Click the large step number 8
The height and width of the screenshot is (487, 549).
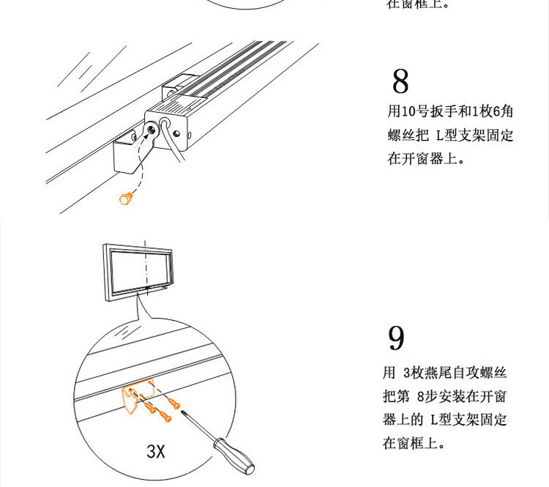[x=400, y=81]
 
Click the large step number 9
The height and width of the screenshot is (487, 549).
[x=396, y=338]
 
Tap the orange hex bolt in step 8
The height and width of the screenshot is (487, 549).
[x=126, y=198]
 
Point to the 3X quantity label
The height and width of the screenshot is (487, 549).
[x=156, y=451]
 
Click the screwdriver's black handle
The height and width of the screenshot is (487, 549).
[x=234, y=456]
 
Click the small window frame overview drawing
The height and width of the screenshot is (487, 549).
[x=138, y=272]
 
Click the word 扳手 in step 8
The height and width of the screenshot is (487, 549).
[x=444, y=111]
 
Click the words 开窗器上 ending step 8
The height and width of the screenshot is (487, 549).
[x=429, y=158]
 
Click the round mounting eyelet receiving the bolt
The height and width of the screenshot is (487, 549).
[x=152, y=130]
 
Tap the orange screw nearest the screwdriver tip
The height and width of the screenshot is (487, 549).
[x=174, y=404]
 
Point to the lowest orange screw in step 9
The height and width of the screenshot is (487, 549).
[x=165, y=415]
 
